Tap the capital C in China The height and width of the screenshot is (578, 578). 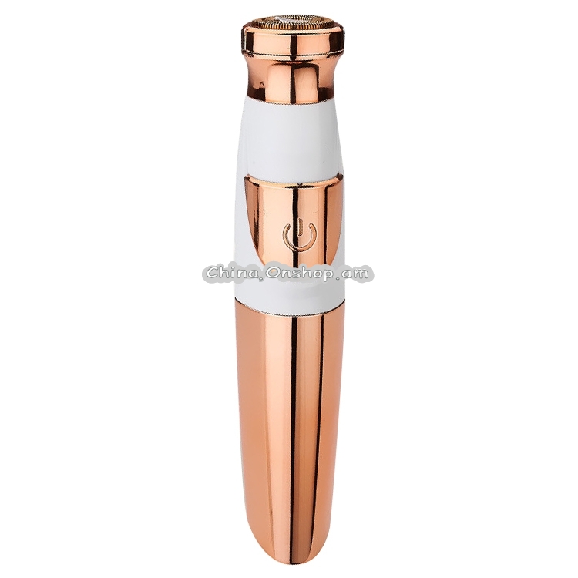coord(213,273)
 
